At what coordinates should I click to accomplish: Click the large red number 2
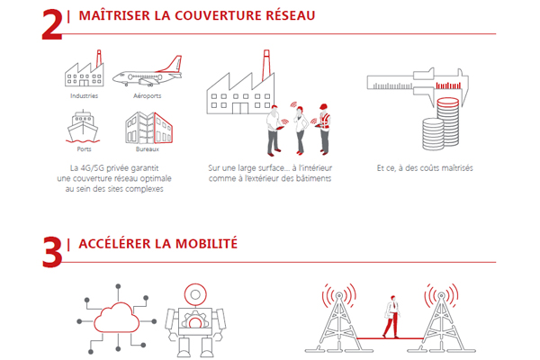[x=52, y=23]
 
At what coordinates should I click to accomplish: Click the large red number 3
[x=52, y=251]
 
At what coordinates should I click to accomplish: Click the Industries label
[x=84, y=94]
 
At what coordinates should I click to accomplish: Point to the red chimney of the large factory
[x=265, y=65]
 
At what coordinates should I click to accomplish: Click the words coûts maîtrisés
[x=453, y=167]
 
